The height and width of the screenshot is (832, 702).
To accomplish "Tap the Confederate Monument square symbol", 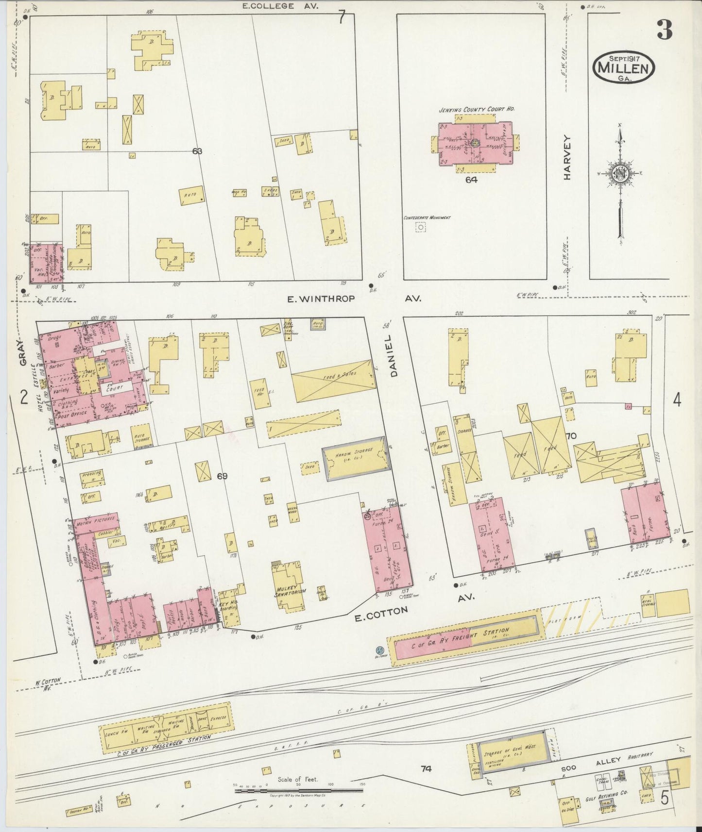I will pos(420,227).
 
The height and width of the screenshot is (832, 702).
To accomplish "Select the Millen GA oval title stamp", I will pos(623,67).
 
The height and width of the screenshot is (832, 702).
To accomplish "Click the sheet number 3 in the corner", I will pos(665,31).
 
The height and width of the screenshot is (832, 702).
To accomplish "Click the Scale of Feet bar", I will pos(299,791).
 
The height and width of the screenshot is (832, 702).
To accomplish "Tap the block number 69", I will pos(222,476).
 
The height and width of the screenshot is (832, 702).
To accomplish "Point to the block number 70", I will pos(570,435).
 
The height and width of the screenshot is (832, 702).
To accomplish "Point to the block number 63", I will pos(197,151).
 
